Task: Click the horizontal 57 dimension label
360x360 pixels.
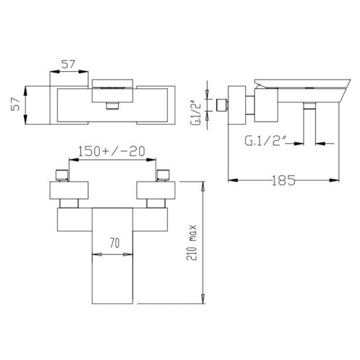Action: [x=68, y=64]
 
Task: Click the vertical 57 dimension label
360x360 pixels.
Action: [x=16, y=104]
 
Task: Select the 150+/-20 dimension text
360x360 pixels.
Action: [x=112, y=151]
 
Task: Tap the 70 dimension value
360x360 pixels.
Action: [x=115, y=243]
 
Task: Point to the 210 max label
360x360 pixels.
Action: [x=191, y=242]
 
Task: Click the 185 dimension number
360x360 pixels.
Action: [x=284, y=181]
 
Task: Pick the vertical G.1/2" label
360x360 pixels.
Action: [x=196, y=113]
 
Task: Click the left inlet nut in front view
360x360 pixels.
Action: [x=62, y=175]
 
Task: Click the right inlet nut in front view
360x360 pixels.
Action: [x=163, y=175]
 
